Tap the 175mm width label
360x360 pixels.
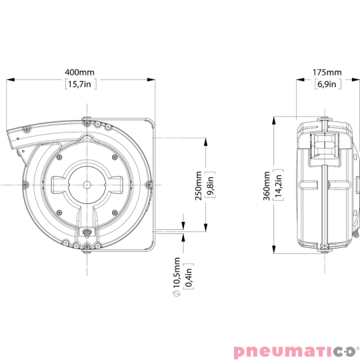(x=327, y=71)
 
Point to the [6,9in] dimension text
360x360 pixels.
(x=327, y=84)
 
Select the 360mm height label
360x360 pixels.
(x=266, y=185)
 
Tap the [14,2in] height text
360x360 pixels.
(x=278, y=185)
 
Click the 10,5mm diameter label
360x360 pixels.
(x=176, y=272)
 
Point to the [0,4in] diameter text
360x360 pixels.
(x=188, y=272)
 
